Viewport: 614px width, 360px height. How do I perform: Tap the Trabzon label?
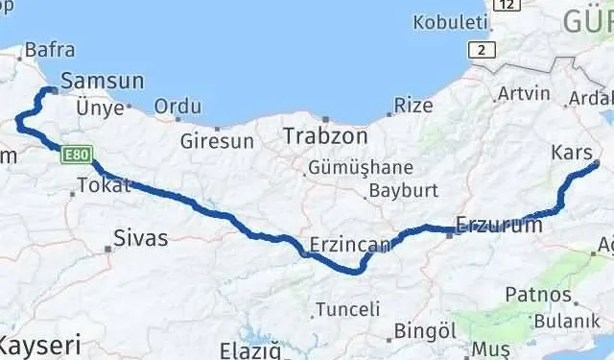click(x=320, y=137)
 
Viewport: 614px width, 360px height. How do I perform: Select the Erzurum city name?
click(x=499, y=226)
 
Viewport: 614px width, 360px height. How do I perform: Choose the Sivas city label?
click(x=140, y=237)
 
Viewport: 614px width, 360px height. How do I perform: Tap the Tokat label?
click(x=103, y=186)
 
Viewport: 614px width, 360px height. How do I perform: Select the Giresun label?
click(x=218, y=141)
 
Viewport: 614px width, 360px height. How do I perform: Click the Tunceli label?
click(x=348, y=310)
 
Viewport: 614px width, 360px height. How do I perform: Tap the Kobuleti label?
click(x=445, y=22)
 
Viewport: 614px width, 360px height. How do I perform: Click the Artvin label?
click(x=524, y=94)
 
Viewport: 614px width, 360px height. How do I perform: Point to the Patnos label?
click(x=538, y=295)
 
